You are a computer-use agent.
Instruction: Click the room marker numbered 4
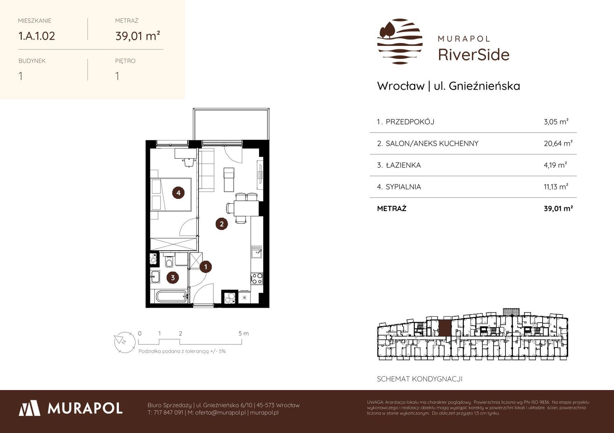click(x=178, y=193)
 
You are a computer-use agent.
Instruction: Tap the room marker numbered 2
click(x=221, y=224)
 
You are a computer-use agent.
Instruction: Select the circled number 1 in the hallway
click(x=206, y=267)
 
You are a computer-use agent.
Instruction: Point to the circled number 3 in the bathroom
click(x=173, y=277)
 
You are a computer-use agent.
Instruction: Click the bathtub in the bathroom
click(x=172, y=296)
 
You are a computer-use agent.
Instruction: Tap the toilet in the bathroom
click(x=169, y=260)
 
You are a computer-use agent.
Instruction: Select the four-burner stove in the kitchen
click(x=257, y=279)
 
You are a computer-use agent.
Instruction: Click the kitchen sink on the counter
click(x=257, y=251)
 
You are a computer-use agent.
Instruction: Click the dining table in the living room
click(x=246, y=208)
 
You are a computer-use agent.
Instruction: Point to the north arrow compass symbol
click(x=125, y=342)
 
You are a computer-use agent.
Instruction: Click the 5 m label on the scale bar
click(x=244, y=333)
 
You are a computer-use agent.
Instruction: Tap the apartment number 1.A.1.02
click(x=36, y=36)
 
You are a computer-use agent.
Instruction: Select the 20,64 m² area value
click(x=558, y=143)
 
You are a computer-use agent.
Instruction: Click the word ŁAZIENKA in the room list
click(x=403, y=165)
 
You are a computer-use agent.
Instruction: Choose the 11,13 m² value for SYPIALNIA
click(x=556, y=187)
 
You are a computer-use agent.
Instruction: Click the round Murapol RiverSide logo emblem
click(x=400, y=41)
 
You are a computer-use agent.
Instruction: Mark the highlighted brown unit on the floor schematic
click(x=445, y=328)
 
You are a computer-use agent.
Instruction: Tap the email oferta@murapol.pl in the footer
click(x=220, y=412)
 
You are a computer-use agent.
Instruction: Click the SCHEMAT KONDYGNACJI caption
click(x=419, y=379)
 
